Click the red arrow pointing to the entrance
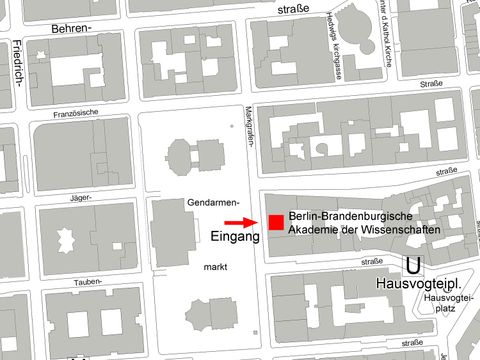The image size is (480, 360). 238,222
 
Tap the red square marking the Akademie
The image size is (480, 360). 275,222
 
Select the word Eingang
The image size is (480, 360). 235,237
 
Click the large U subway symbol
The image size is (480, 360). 412,265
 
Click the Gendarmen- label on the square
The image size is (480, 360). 211,202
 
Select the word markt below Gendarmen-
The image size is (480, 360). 215,269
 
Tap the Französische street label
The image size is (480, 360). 77,113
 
